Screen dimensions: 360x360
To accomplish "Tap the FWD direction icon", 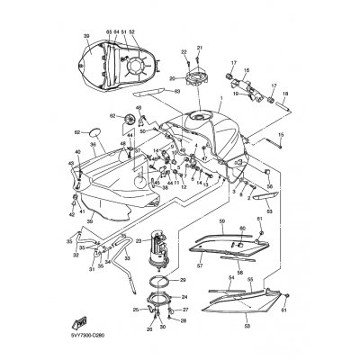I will [80, 320].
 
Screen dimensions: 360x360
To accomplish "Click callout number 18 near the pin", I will [284, 93].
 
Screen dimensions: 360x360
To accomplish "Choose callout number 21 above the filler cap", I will [200, 47].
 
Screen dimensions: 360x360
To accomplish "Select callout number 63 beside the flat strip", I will [177, 91].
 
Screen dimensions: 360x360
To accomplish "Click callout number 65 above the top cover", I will [107, 31].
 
